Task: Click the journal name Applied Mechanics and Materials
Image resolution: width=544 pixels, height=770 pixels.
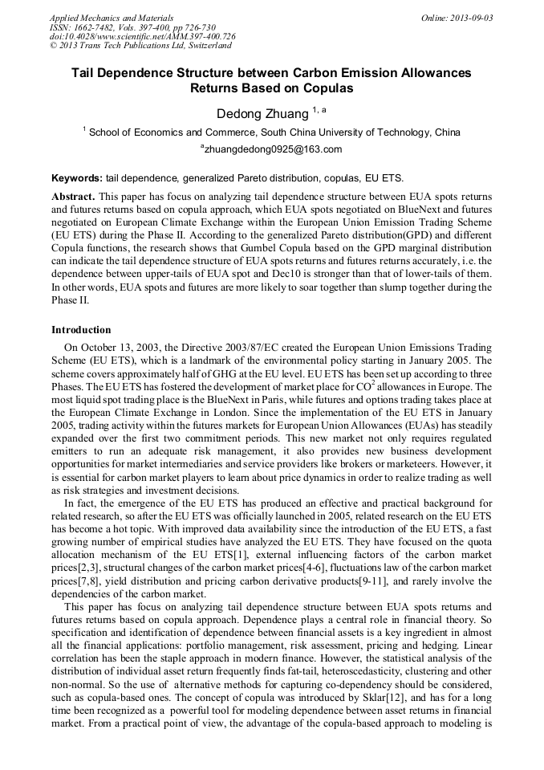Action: coord(112,18)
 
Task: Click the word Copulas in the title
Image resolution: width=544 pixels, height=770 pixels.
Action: coord(327,88)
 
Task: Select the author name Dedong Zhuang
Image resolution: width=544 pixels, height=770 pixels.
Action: coord(263,114)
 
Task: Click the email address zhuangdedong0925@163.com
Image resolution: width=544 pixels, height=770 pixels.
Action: coord(274,149)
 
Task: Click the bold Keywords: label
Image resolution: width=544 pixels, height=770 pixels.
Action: coord(76,177)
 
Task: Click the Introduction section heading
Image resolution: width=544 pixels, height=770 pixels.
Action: coord(81,330)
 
